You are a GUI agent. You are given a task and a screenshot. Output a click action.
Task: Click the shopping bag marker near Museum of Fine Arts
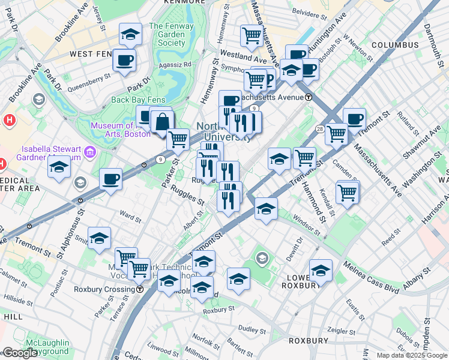[x=162, y=122]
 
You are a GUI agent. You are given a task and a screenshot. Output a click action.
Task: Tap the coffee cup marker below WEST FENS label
[x=124, y=60]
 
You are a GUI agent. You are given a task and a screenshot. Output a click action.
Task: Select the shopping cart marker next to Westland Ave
[x=252, y=35]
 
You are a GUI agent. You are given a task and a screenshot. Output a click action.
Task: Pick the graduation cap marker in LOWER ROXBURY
[x=321, y=271]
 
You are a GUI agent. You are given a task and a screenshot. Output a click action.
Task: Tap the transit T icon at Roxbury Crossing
[x=140, y=289]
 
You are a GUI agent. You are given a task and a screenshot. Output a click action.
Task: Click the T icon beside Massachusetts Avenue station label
[x=309, y=97]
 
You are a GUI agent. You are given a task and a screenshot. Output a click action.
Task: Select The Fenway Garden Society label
[x=167, y=34]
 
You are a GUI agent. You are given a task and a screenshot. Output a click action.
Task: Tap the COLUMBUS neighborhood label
[x=394, y=45]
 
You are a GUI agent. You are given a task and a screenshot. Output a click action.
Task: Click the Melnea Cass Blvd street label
[x=371, y=277]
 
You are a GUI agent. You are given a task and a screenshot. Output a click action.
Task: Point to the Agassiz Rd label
[x=175, y=64]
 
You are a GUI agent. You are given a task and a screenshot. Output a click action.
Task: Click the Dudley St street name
[x=252, y=329]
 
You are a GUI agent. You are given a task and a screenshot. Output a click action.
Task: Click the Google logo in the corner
[x=20, y=353]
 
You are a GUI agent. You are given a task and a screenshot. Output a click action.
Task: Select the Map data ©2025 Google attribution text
[x=411, y=355]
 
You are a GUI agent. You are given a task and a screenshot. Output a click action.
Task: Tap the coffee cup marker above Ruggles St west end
[x=110, y=179]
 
